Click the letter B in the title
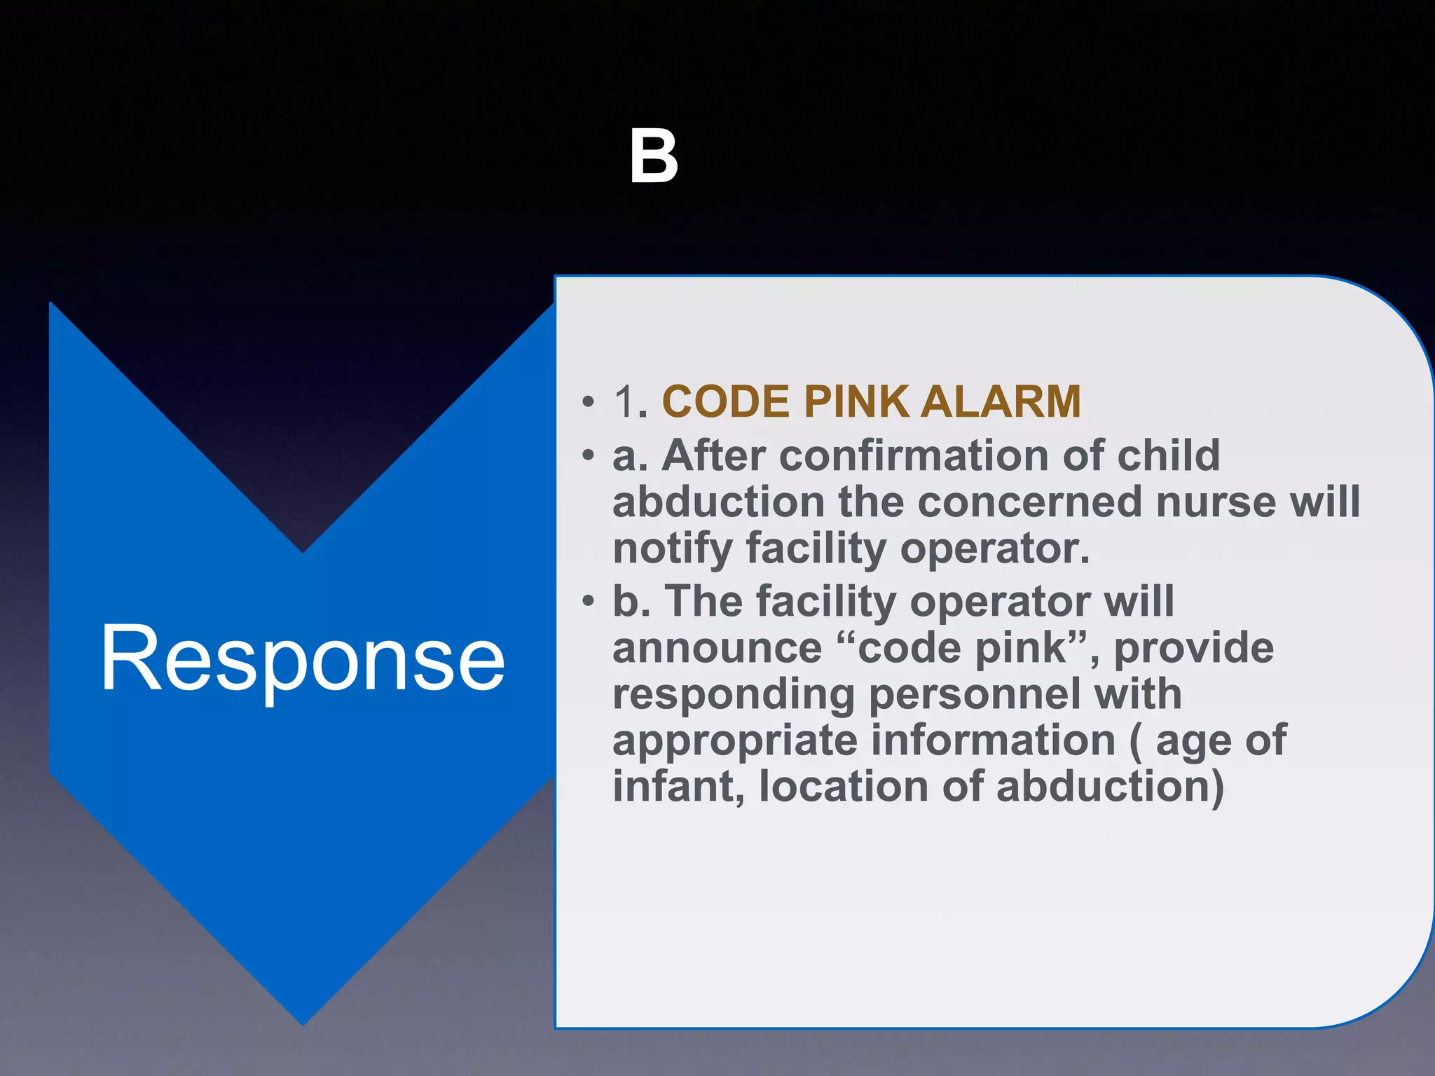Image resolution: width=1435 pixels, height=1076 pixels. (x=653, y=157)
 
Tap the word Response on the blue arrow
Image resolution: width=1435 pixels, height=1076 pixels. (x=303, y=659)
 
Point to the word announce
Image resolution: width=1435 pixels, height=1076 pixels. (x=717, y=648)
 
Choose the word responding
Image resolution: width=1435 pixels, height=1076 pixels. (x=734, y=695)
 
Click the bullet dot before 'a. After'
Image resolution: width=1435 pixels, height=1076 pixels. (x=588, y=456)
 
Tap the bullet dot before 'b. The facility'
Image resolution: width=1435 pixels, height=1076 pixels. (x=588, y=602)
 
